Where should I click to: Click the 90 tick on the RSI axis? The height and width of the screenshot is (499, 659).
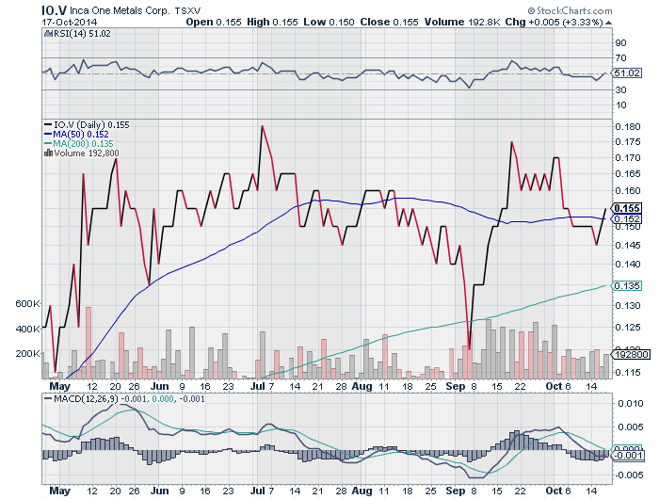click(x=620, y=42)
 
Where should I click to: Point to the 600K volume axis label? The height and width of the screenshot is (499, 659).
click(x=27, y=305)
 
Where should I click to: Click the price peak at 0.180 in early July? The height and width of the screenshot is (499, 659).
click(x=262, y=126)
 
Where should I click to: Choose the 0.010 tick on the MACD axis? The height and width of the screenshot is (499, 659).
click(x=627, y=404)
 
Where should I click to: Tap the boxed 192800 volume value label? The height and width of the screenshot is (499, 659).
click(x=628, y=355)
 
